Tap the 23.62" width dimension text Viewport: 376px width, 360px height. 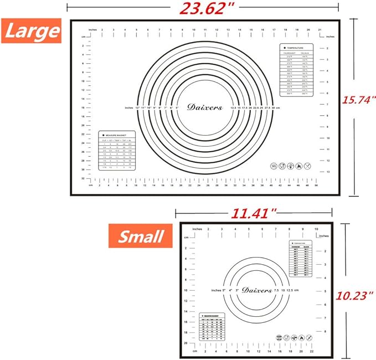[203, 8]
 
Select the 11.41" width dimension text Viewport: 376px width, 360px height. [255, 213]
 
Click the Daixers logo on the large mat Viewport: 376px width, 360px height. [204, 107]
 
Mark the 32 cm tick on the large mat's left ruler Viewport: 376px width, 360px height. [83, 178]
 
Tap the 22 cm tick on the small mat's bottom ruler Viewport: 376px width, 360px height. [312, 351]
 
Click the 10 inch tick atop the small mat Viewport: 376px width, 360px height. [316, 228]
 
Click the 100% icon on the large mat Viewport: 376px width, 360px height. [274, 165]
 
